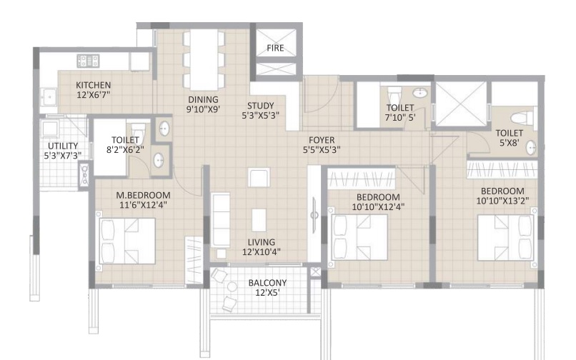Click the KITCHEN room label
(x=94, y=85)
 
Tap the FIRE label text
(x=275, y=49)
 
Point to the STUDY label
(x=261, y=106)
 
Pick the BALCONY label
(x=268, y=283)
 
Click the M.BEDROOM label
(x=143, y=195)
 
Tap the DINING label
(x=203, y=99)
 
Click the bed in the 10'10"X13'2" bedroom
(x=505, y=236)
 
